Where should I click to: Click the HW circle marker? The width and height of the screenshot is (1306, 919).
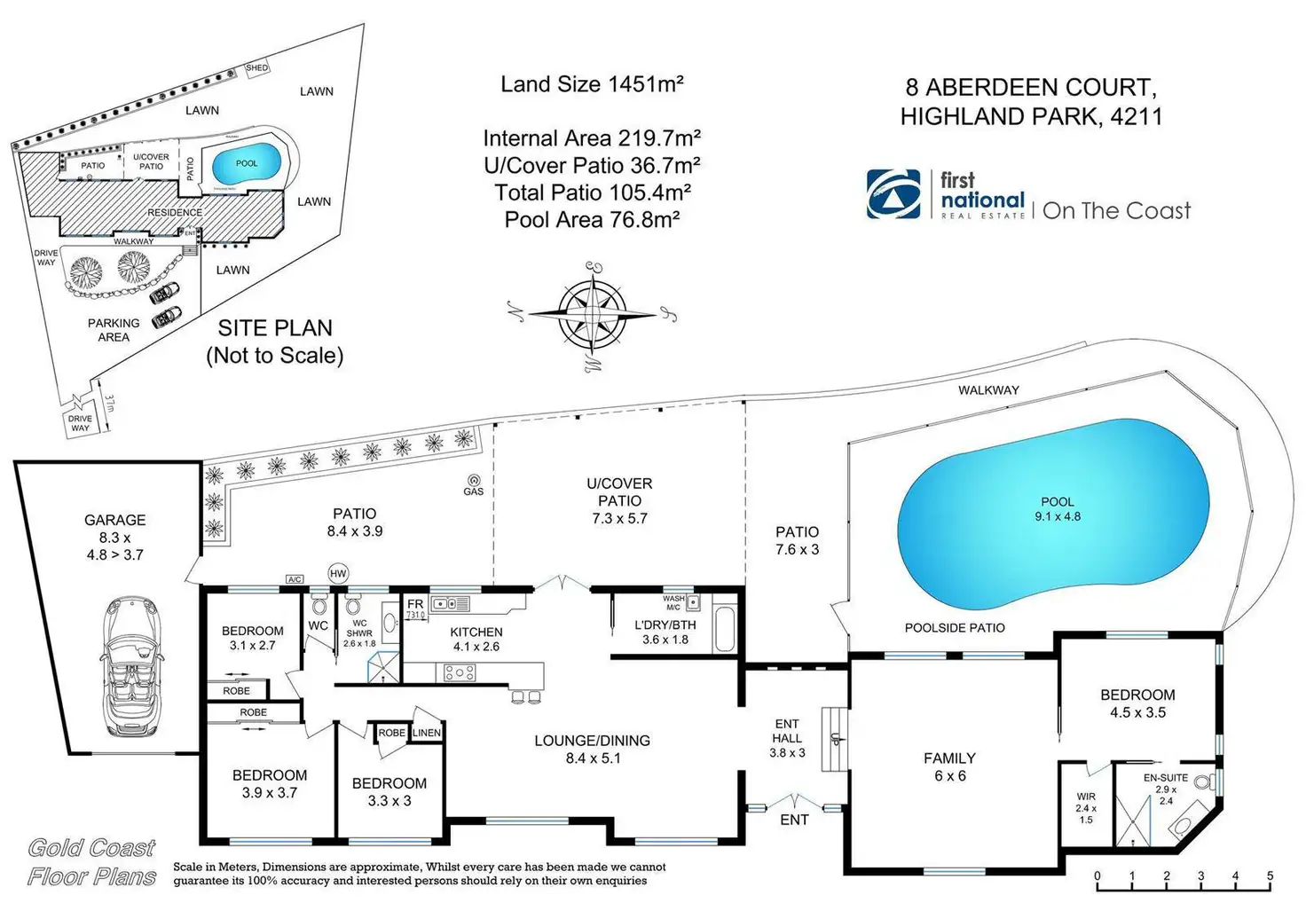point(338,573)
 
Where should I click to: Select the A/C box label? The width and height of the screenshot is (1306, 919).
point(295,579)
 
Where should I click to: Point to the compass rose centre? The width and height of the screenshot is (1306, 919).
point(592,313)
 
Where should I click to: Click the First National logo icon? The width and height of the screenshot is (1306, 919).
point(893,193)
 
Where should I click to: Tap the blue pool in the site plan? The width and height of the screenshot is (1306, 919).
point(246,164)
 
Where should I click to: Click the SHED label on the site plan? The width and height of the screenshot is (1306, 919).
point(256,68)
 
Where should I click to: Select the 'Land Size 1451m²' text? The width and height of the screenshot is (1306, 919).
point(592,84)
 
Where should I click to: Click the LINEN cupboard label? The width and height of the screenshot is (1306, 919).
point(426,733)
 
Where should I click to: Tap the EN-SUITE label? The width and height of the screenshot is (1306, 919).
point(1166,778)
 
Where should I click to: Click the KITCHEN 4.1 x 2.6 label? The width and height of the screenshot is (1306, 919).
point(476,639)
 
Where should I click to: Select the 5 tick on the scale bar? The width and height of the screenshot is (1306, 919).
point(1270,876)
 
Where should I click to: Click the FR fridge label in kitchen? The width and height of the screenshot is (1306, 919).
point(415,605)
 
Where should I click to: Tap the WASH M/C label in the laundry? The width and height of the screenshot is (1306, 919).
point(673,602)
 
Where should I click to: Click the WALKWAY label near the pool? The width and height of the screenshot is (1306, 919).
point(988,390)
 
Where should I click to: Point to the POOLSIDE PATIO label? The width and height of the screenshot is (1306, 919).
point(955,628)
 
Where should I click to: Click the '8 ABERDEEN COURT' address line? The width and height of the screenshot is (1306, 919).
point(1031,88)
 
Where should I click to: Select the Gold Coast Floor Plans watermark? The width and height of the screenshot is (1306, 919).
point(92,862)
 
